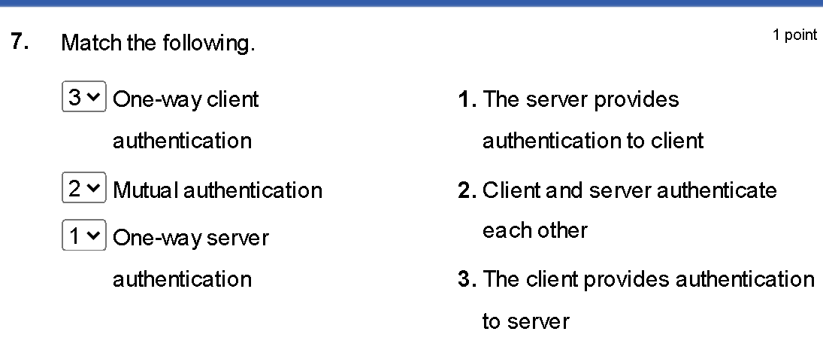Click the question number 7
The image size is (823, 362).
tap(20, 42)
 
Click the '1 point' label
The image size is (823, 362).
tap(794, 35)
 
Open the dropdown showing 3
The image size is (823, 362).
tap(84, 96)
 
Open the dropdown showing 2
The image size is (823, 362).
tap(84, 187)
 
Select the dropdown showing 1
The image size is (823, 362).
tap(84, 236)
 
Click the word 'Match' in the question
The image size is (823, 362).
tap(91, 43)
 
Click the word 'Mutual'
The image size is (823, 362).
tap(144, 190)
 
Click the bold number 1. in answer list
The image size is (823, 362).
tap(467, 99)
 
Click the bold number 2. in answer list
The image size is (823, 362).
tap(467, 190)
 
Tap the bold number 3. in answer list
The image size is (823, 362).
tap(467, 279)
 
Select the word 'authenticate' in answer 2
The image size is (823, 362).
tap(717, 190)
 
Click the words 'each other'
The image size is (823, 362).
tap(535, 230)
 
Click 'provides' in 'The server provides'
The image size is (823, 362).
tap(636, 99)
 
